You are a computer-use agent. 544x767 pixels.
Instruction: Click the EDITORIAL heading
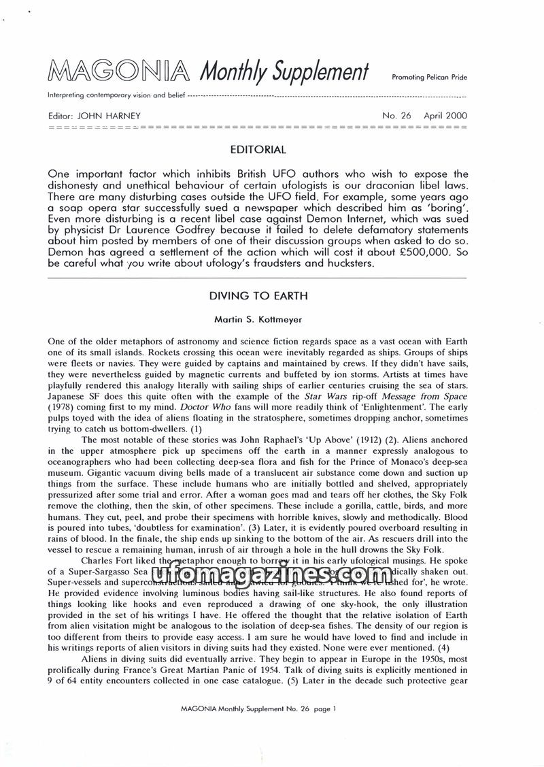click(x=258, y=149)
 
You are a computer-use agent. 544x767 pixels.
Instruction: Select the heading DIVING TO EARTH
click(x=258, y=296)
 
